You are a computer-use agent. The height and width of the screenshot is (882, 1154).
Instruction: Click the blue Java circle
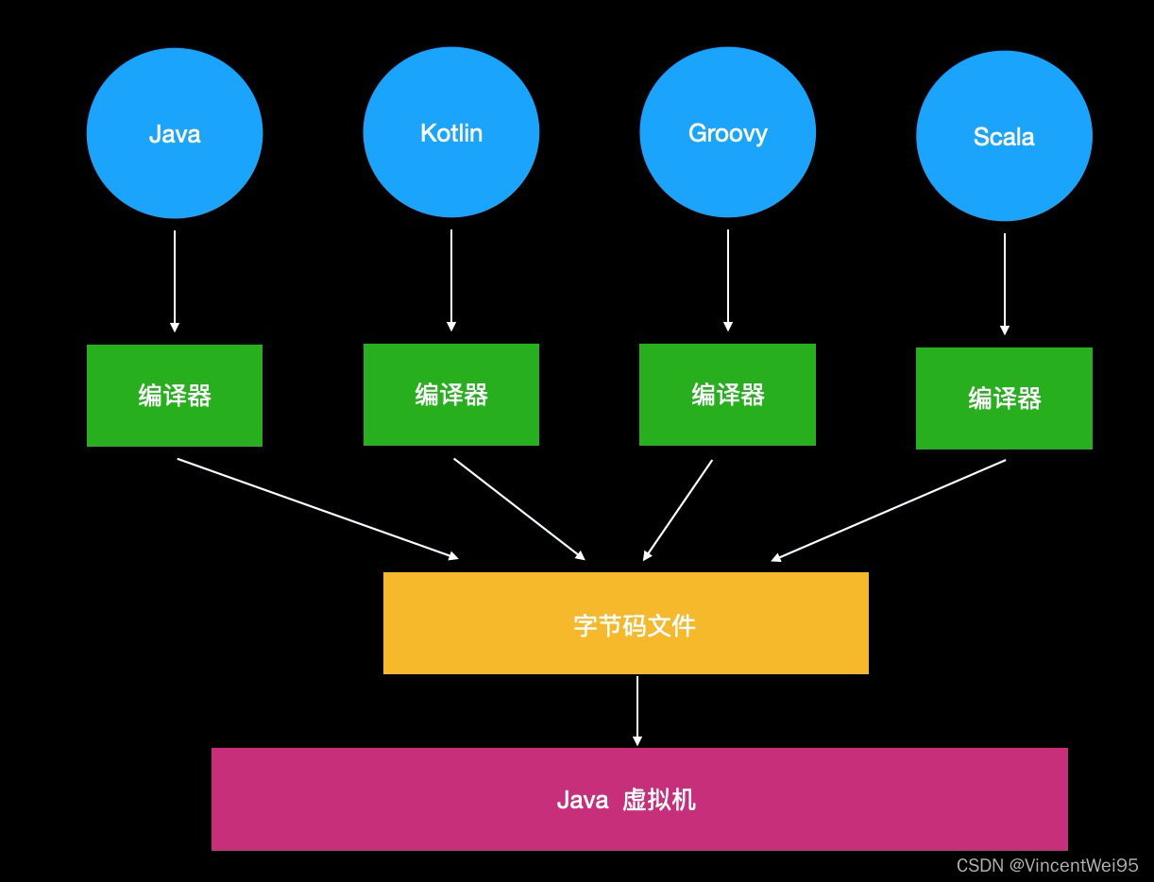pos(175,133)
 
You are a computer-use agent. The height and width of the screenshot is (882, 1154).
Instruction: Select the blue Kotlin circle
pos(451,132)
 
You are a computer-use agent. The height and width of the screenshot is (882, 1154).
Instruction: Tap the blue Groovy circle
pos(727,132)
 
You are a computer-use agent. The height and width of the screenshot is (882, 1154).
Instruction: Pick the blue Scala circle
pos(1004,136)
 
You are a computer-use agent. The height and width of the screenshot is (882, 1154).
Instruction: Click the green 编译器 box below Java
pos(175,395)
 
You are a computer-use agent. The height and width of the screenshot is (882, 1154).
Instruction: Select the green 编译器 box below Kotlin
pos(451,394)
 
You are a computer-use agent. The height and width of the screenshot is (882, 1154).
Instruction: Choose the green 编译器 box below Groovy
pos(727,394)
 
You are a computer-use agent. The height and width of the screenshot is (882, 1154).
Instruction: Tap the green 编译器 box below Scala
pos(1004,398)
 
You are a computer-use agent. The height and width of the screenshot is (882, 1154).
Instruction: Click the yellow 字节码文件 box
pos(625,623)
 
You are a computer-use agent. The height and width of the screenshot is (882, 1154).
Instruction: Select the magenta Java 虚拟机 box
pos(639,799)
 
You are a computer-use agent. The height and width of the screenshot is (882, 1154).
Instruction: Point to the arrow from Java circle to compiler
pos(175,280)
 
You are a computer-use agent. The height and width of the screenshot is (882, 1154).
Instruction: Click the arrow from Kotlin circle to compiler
pos(451,280)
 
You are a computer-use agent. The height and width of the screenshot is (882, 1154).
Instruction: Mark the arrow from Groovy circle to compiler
pos(728,280)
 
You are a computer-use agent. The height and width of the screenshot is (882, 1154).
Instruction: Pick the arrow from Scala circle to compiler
pos(1005,283)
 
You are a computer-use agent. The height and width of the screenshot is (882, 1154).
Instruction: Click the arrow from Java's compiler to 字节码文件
pos(317,509)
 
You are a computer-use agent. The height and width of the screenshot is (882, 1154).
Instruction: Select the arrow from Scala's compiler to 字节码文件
pos(889,510)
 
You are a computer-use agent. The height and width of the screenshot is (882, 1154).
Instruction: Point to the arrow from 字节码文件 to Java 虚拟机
pos(637,710)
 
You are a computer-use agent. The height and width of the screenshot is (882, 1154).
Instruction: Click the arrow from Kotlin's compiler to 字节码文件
pos(519,509)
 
